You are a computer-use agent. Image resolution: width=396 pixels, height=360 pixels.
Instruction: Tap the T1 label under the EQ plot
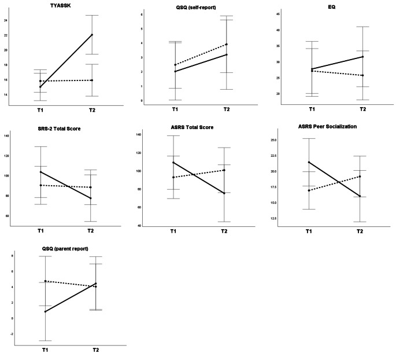click(312, 108)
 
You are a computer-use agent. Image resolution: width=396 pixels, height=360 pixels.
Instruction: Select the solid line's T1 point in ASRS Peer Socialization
click(310, 162)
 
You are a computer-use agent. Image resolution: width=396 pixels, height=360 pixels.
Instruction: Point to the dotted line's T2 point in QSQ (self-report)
click(227, 44)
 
